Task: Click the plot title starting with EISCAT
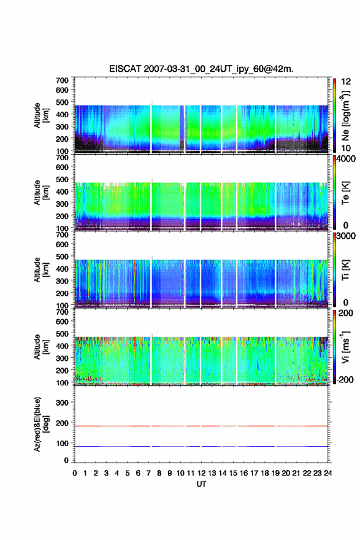point(201,69)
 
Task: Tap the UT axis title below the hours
point(201,484)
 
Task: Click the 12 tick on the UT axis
point(202,473)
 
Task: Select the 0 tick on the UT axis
point(75,473)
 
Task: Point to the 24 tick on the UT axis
point(328,473)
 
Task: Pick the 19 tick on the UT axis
point(275,473)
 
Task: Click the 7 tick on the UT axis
point(148,473)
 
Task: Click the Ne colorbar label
point(345,115)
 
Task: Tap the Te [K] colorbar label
point(345,193)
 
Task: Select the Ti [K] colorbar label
point(345,270)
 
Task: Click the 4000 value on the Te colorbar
point(346,160)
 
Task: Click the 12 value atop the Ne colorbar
point(346,82)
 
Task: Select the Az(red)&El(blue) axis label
point(41,424)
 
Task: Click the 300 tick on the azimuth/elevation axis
point(62,403)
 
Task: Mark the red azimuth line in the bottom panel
point(201,426)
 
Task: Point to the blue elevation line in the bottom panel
point(201,446)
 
